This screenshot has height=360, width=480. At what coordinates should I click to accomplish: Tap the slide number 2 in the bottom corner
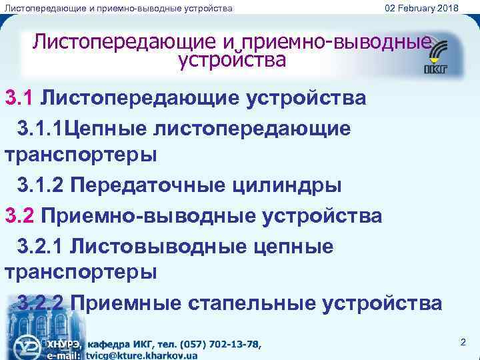pos(462,342)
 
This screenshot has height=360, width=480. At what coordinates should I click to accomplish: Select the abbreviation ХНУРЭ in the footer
pos(63,344)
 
